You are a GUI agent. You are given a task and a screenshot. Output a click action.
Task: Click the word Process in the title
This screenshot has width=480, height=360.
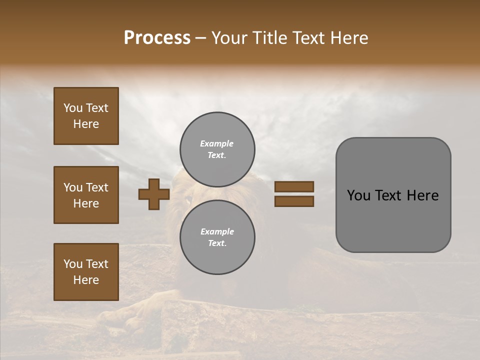[157, 38]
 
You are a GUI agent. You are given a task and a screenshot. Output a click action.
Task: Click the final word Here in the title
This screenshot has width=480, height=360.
[348, 38]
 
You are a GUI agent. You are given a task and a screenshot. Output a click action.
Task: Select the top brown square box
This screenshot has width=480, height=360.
[86, 116]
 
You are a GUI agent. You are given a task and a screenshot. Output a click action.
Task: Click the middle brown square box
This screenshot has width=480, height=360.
[86, 195]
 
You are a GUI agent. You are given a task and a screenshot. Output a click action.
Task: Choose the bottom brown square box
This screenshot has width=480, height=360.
[86, 272]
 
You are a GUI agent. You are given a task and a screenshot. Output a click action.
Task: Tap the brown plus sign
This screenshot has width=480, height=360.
[154, 194]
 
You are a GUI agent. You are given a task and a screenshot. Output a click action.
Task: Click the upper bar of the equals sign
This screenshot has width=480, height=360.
[294, 186]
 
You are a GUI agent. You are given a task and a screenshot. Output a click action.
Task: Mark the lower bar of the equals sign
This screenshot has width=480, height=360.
[294, 201]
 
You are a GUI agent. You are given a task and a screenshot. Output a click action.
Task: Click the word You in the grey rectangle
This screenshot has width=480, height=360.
[358, 195]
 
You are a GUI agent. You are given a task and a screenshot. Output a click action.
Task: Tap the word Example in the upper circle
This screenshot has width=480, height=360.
[216, 143]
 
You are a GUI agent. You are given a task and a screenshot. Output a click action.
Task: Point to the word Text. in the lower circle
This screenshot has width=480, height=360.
[217, 243]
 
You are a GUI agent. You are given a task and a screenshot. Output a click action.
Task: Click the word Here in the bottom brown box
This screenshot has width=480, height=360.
[86, 280]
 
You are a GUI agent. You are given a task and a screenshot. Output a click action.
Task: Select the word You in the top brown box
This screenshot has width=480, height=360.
[72, 108]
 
